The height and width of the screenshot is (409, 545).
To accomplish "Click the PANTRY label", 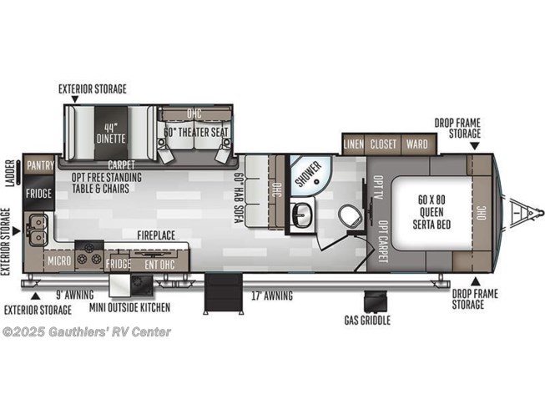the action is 40,165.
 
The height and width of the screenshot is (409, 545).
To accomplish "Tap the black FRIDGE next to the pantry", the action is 38,193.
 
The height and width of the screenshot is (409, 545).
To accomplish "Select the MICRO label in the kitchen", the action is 59,260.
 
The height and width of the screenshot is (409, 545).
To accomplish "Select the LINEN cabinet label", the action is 354,144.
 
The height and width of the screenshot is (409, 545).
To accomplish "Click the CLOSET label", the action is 383,144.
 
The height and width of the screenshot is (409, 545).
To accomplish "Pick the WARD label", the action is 416,144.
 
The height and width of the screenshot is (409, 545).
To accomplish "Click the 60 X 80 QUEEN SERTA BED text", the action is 431,212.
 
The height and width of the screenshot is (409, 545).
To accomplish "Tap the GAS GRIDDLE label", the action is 367,320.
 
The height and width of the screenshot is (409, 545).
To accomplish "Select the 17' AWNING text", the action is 272,295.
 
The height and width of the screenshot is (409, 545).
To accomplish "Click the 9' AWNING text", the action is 75,295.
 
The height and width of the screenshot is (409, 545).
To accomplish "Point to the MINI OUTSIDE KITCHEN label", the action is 129,307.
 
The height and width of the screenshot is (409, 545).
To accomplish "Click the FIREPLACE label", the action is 156,235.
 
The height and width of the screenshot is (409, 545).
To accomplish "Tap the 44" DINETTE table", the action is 111,134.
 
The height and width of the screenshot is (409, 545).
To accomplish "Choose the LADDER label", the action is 11,172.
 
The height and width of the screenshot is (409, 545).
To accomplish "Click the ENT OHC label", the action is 159,265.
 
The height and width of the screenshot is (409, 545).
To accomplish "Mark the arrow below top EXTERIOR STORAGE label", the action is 75,99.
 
